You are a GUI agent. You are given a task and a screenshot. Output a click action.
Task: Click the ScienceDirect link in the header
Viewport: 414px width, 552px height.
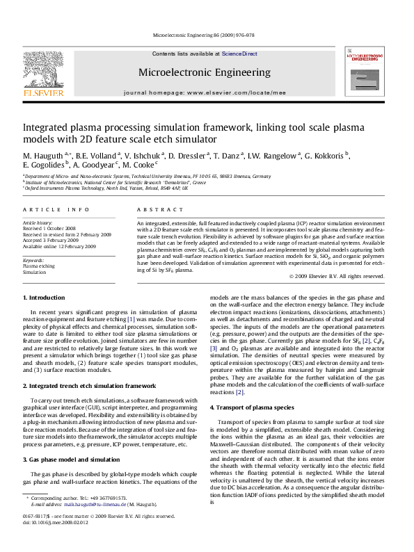click(x=240, y=54)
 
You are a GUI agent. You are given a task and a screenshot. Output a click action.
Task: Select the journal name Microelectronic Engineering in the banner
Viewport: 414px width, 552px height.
click(x=205, y=72)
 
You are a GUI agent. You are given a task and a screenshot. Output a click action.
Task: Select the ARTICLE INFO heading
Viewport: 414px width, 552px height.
click(x=56, y=209)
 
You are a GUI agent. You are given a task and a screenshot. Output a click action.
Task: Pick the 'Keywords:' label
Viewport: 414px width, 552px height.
click(x=33, y=259)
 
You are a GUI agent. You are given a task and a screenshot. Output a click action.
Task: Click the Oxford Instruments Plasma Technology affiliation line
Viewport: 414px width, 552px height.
click(x=106, y=188)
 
